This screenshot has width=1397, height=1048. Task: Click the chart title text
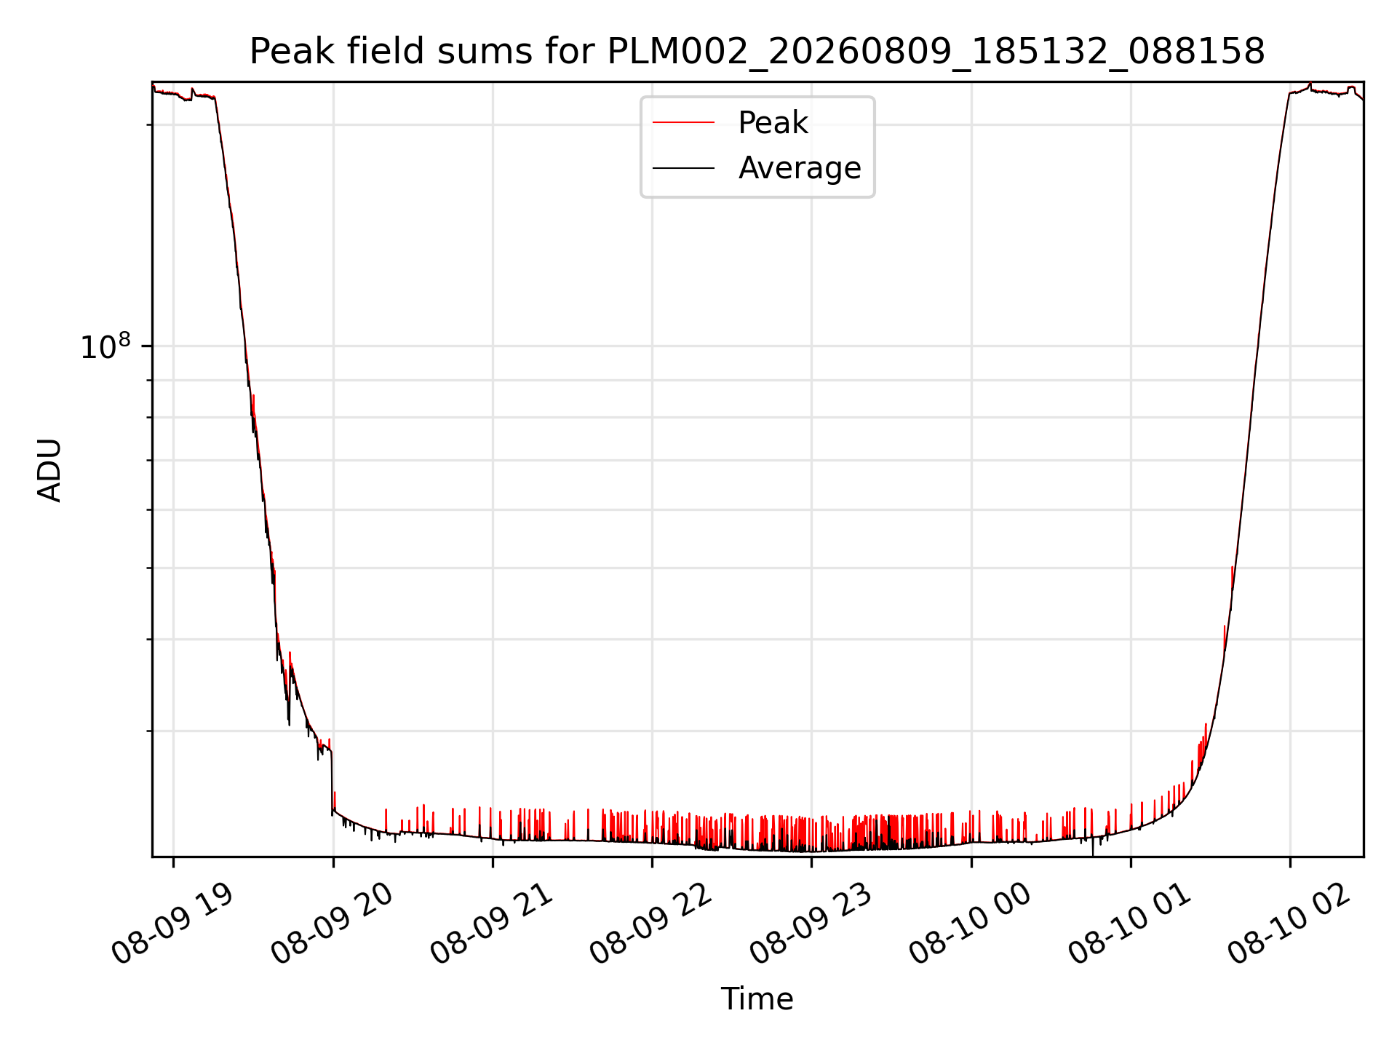(757, 52)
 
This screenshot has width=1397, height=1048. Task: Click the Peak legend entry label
(773, 123)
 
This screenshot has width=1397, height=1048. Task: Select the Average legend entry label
(800, 168)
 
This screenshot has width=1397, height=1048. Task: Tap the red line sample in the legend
(683, 123)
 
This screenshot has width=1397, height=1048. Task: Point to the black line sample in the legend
(683, 168)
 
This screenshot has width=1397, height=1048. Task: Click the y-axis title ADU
(49, 470)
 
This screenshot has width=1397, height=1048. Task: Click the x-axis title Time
(757, 999)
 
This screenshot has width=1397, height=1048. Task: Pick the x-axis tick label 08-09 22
(652, 924)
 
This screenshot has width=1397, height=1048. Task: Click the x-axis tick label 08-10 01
(1131, 924)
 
